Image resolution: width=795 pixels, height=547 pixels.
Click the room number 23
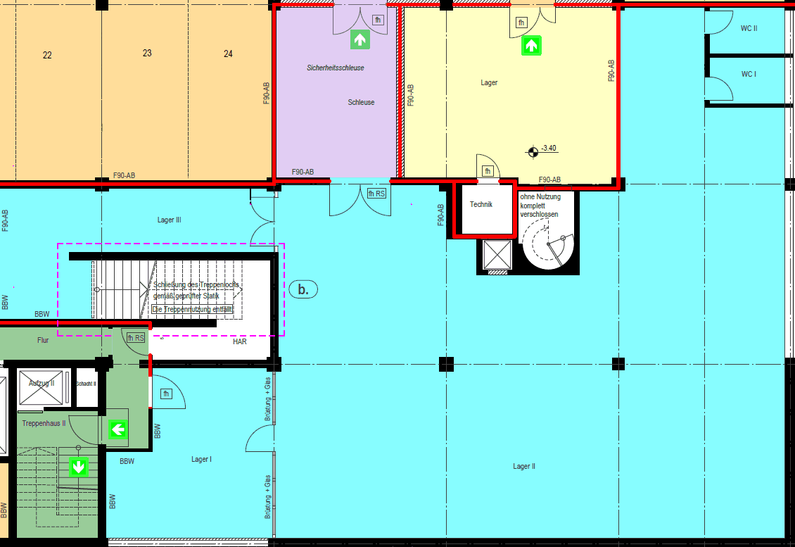click(x=147, y=53)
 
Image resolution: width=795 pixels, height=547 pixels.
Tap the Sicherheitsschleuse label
click(x=336, y=68)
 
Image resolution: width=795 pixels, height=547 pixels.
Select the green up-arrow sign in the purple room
click(x=360, y=39)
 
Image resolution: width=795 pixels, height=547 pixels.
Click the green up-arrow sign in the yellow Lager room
click(x=530, y=46)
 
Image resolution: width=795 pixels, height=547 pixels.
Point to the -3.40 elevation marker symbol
click(x=533, y=149)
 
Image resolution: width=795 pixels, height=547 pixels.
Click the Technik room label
click(x=481, y=205)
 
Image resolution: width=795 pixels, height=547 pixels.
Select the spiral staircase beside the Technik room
click(x=549, y=243)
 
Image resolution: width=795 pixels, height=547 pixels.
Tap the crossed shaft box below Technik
click(x=497, y=253)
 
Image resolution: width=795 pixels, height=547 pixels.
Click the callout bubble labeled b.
click(x=303, y=289)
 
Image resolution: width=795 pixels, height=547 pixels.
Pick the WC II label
click(x=749, y=29)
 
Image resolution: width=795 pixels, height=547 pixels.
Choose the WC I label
click(x=749, y=74)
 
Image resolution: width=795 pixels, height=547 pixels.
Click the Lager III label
click(x=170, y=220)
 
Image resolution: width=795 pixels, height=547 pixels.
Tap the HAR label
click(x=240, y=341)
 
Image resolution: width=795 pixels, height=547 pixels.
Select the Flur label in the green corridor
click(x=43, y=340)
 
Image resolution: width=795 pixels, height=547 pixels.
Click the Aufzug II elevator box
click(x=43, y=388)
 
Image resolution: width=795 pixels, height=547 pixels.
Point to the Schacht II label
click(x=86, y=384)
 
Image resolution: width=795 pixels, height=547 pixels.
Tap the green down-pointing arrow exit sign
click(x=78, y=466)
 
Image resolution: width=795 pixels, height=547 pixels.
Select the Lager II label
click(x=524, y=466)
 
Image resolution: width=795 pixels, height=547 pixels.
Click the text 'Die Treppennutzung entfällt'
click(x=192, y=309)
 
